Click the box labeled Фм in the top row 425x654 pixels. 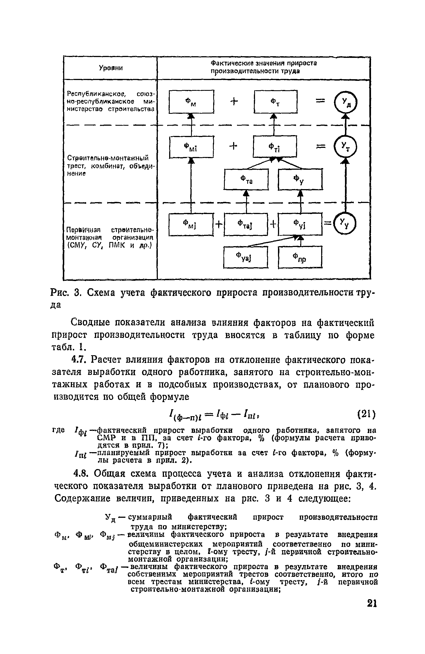(191, 102)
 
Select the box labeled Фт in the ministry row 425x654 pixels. (275, 102)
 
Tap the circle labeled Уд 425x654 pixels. (345, 102)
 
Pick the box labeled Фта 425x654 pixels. (246, 179)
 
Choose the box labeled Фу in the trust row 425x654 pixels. (300, 179)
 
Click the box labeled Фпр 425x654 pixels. (300, 258)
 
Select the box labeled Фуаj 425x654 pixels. (246, 258)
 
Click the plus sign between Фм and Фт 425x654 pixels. (234, 102)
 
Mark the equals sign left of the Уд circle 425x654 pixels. (320, 101)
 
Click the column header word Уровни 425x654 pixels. (111, 68)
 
